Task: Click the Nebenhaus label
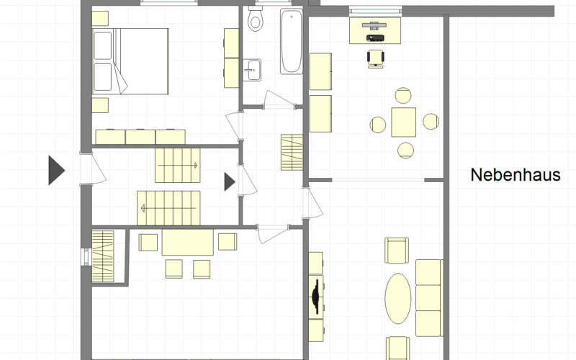click(x=516, y=175)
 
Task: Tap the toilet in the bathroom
click(x=256, y=19)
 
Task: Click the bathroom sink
click(x=252, y=70)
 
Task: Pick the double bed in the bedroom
click(x=130, y=61)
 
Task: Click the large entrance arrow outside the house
click(x=57, y=170)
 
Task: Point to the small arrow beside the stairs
click(x=230, y=182)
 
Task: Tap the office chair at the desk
click(x=375, y=59)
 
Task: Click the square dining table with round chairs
click(x=403, y=122)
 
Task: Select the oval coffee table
click(x=398, y=298)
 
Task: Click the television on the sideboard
click(x=315, y=297)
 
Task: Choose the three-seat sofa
click(x=429, y=298)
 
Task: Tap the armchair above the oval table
click(x=397, y=251)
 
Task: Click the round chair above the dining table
click(x=403, y=95)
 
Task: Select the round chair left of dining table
click(x=377, y=125)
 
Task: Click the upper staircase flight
click(x=177, y=166)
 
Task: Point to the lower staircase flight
click(x=168, y=208)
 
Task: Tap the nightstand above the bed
click(x=100, y=19)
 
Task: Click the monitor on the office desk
click(x=374, y=25)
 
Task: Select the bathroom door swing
click(x=279, y=99)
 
